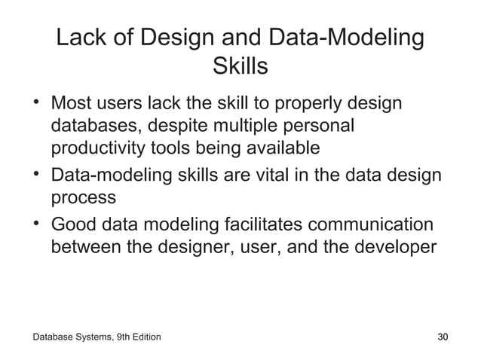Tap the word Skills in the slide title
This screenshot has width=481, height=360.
click(x=240, y=67)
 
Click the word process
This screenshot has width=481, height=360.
click(x=84, y=198)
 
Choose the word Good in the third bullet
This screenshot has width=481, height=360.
click(x=75, y=224)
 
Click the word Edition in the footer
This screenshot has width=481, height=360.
click(x=143, y=336)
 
